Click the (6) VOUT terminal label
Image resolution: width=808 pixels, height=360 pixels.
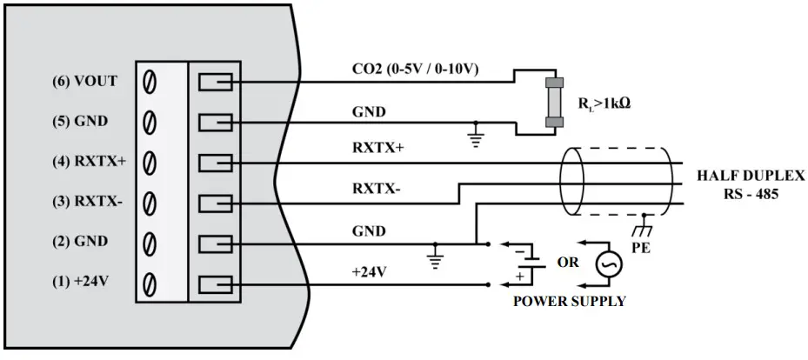84,82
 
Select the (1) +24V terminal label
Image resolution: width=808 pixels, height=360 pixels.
86,283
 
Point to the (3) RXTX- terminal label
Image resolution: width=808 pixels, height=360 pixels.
87,202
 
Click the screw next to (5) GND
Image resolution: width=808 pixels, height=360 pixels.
150,122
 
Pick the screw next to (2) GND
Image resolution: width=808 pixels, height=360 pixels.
150,243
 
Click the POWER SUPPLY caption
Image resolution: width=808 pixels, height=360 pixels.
569,302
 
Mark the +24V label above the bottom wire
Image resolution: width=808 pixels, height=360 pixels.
369,271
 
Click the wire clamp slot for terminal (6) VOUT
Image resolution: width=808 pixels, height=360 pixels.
214,82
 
